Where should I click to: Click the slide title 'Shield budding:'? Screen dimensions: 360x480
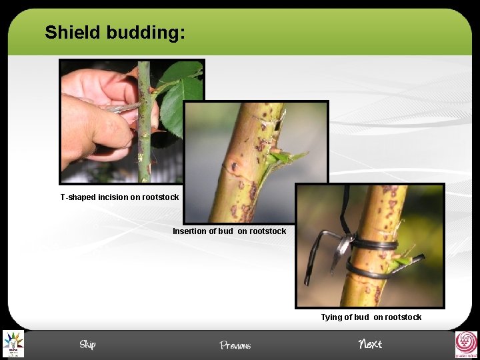[115, 32]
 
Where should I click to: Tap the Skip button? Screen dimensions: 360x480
[87, 345]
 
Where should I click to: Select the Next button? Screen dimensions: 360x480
[370, 344]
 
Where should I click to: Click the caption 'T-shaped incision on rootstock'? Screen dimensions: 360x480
[119, 197]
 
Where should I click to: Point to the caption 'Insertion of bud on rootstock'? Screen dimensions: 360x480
[229, 231]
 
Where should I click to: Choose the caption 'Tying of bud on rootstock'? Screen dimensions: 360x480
[371, 317]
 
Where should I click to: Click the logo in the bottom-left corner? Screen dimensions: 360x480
[13, 344]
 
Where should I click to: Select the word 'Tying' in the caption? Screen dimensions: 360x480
[331, 317]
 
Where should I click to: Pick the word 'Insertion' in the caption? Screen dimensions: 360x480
[189, 231]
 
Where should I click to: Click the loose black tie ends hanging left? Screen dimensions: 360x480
[320, 253]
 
